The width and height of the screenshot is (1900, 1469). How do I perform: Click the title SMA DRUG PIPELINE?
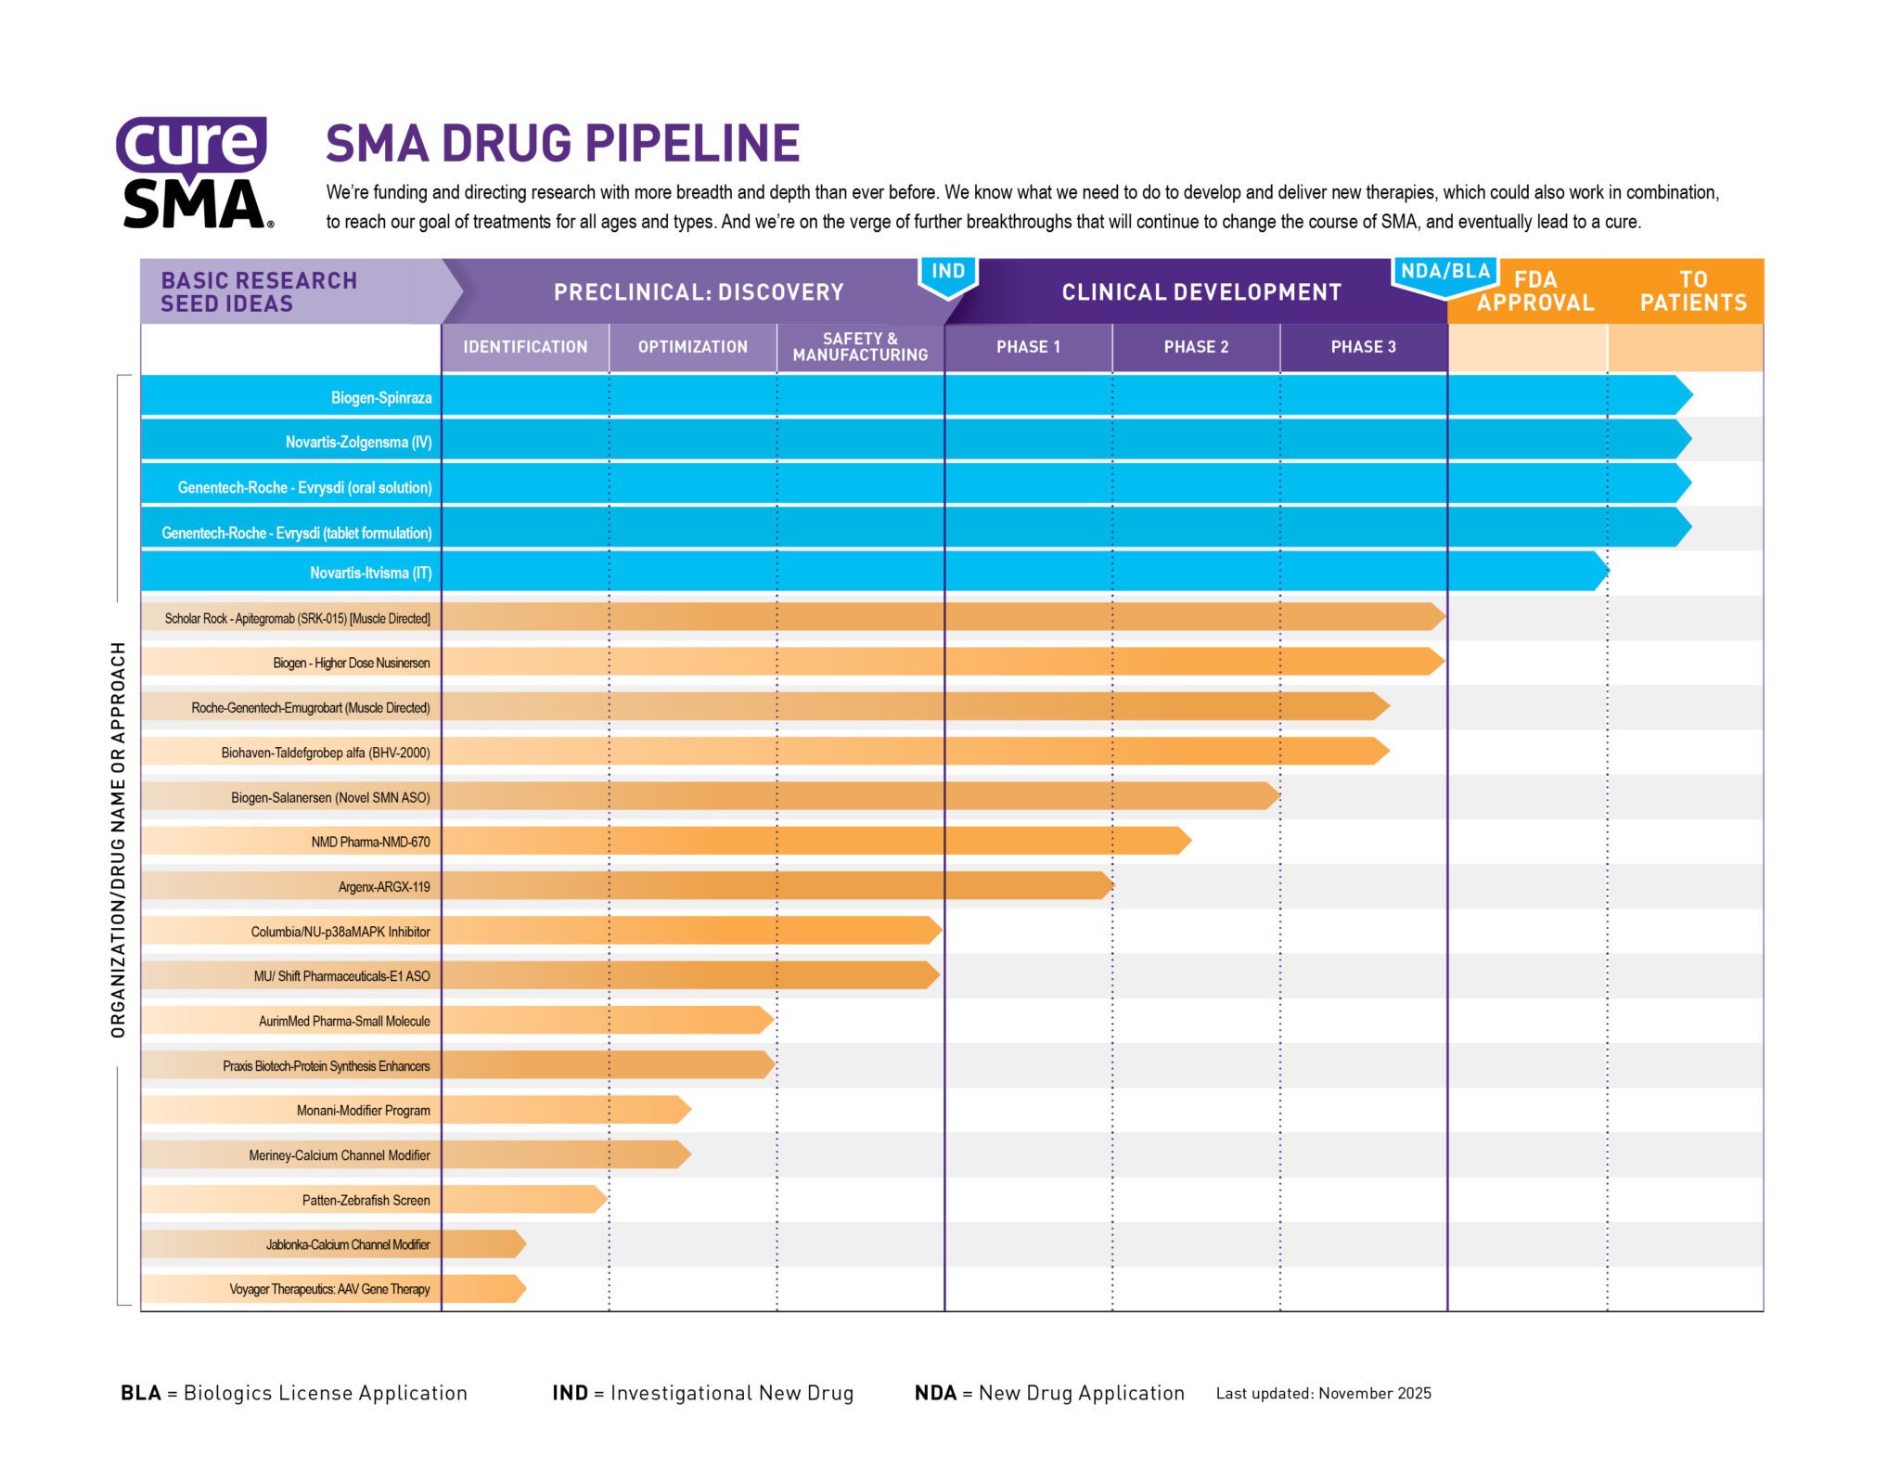562,144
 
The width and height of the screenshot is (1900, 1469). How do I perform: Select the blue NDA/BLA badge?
1444,273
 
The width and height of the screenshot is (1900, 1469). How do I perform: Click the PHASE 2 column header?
1195,347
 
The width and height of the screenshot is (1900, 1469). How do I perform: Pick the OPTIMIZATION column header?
692,347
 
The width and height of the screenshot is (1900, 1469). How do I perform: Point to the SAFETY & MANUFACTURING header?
859,347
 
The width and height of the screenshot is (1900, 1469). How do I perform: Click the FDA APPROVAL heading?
1534,291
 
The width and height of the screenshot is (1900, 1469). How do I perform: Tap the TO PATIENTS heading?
1692,291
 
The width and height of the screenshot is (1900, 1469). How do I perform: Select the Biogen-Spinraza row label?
381,398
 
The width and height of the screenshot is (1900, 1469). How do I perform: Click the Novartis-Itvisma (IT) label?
370,573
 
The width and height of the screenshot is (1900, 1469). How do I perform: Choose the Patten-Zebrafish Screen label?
366,1200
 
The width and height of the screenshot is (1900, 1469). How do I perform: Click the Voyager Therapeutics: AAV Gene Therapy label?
329,1289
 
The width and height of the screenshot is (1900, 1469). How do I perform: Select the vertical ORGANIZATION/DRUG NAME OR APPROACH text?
118,839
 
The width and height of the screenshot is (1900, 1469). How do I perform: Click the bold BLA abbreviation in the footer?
141,1393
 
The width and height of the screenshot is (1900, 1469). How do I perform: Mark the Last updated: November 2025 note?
1323,1394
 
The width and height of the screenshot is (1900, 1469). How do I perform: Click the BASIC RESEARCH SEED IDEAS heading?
259,292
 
